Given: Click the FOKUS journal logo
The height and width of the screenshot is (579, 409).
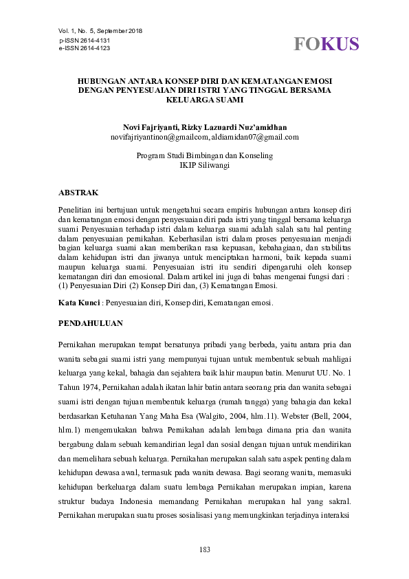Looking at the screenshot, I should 327,44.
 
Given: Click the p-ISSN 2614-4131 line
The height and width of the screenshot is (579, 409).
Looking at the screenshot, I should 85,41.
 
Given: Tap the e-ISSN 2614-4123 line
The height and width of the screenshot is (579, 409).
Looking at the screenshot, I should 85,48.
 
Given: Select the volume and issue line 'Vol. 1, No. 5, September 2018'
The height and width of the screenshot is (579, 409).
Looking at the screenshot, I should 100,31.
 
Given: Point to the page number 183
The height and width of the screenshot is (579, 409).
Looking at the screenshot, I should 204,549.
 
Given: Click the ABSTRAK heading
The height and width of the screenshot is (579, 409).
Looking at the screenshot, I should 80,192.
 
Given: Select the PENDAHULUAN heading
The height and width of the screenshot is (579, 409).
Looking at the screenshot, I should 91,322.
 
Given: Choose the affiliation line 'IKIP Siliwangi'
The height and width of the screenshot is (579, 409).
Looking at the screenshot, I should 204,165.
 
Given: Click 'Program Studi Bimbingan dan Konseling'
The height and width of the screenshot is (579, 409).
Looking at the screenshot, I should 204,155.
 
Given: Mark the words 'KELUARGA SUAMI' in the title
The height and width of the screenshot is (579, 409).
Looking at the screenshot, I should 204,100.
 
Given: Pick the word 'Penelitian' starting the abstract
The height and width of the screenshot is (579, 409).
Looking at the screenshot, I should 77,208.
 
